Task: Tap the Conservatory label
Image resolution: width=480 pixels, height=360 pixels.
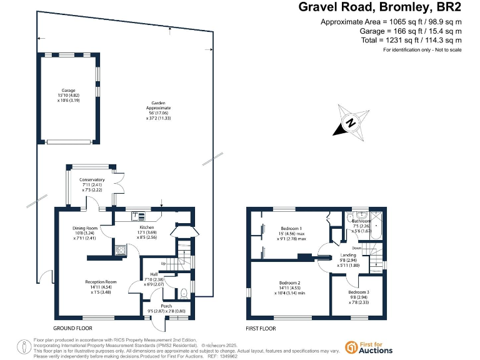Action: (x=92, y=180)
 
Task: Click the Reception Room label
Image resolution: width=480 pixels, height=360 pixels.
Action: (x=101, y=282)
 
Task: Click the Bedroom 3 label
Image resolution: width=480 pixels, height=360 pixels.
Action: (x=359, y=292)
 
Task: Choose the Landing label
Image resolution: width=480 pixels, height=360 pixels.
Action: (x=347, y=255)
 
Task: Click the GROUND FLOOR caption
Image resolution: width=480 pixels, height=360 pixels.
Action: (x=72, y=328)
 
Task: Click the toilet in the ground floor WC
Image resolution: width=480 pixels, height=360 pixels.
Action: (x=182, y=293)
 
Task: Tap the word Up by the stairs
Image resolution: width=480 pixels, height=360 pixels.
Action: (x=164, y=263)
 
